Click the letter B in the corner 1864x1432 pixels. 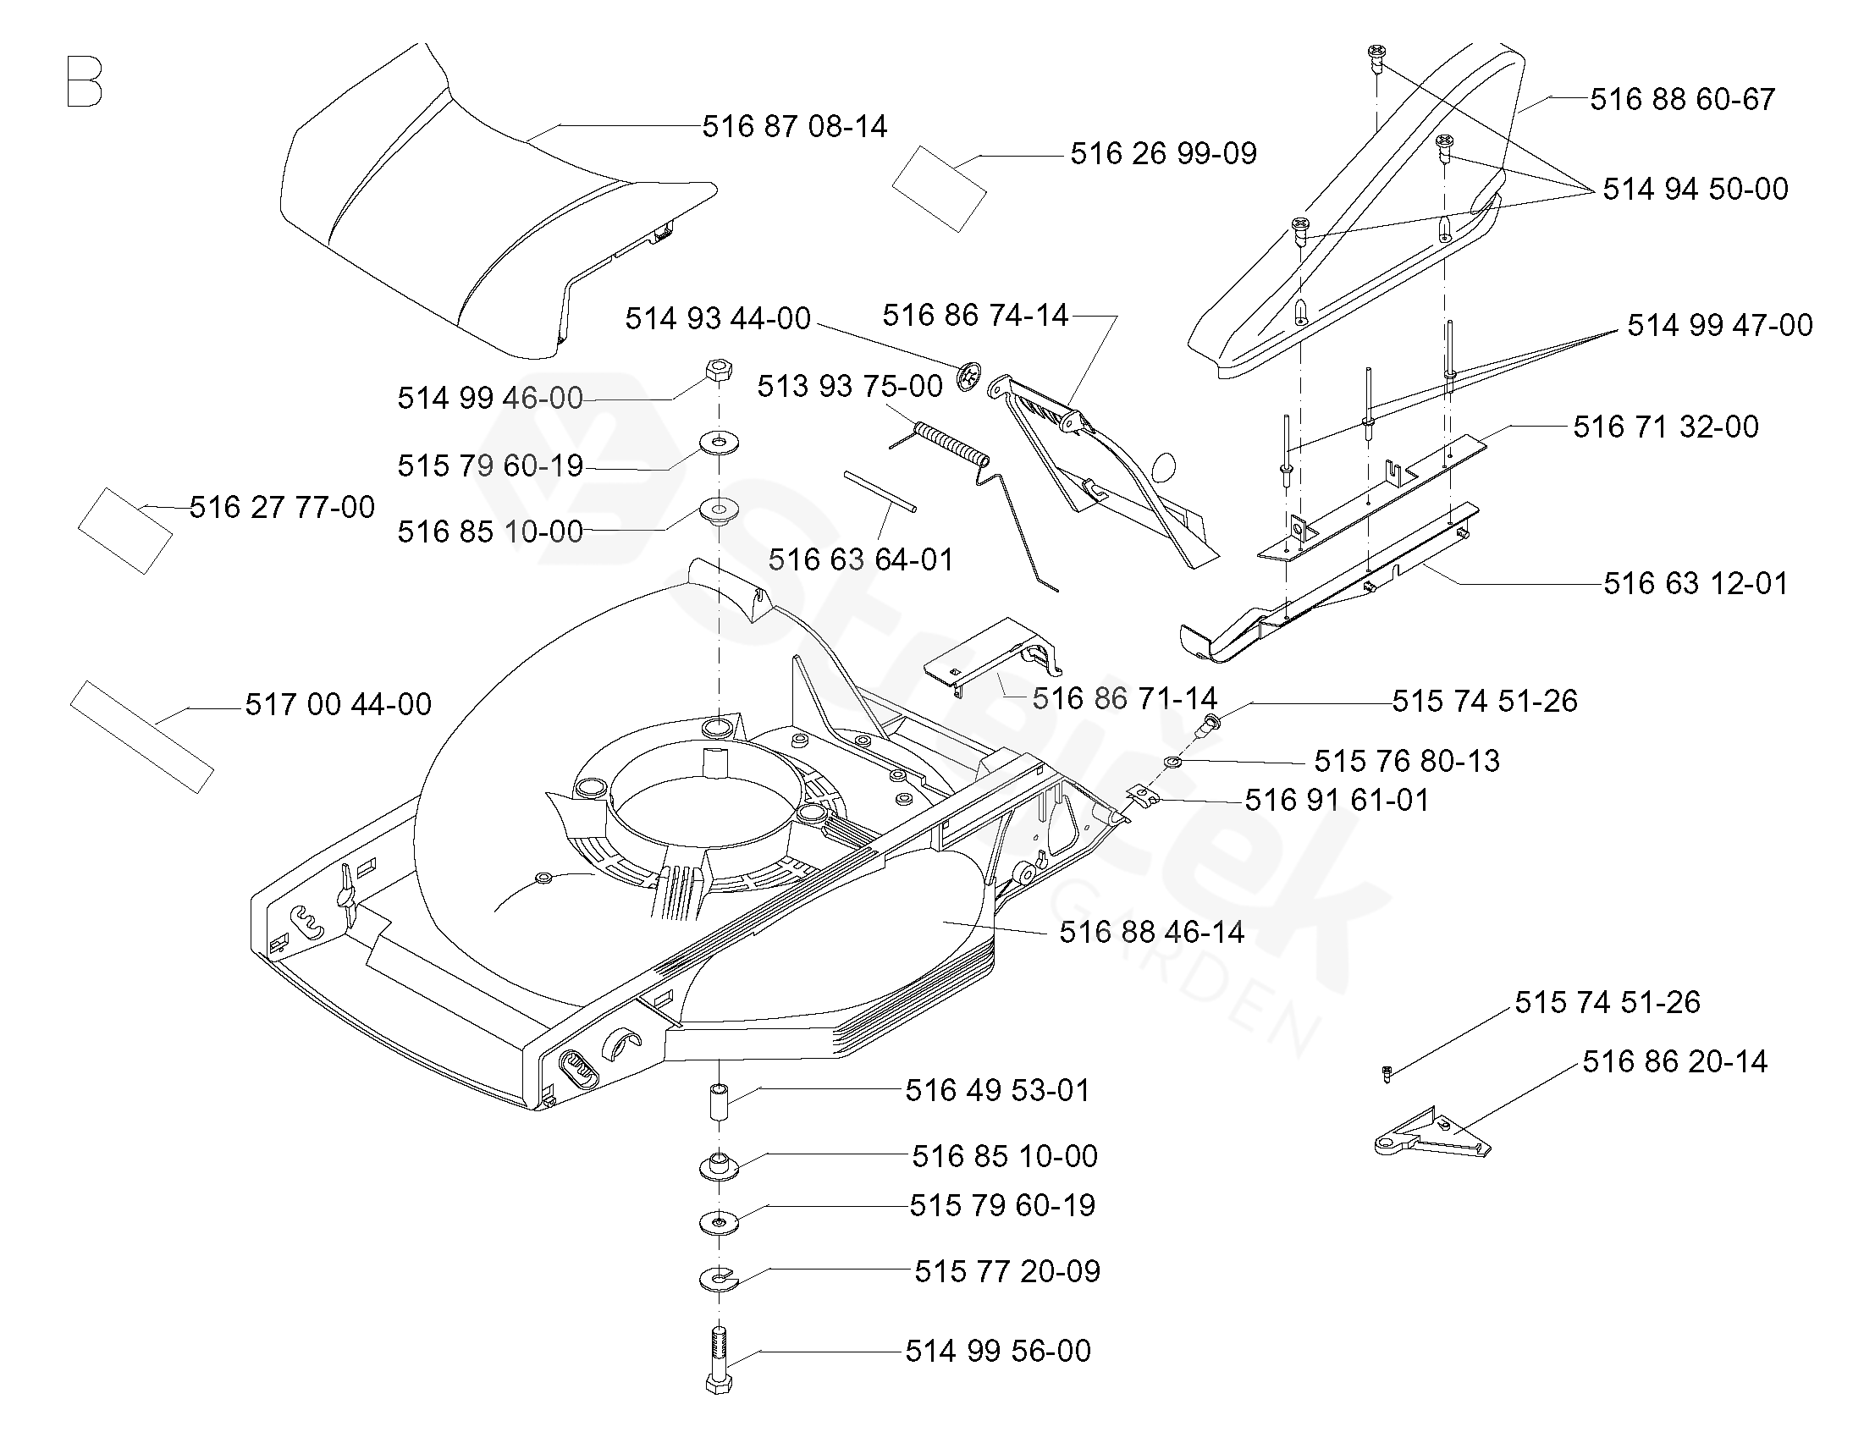click(84, 82)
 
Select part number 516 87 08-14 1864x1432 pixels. click(794, 127)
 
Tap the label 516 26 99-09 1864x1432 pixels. click(1163, 153)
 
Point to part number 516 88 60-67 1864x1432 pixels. click(1683, 100)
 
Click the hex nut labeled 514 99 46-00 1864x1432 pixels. click(718, 372)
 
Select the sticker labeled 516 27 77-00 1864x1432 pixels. click(125, 530)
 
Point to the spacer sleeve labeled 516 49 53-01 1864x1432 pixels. click(719, 1104)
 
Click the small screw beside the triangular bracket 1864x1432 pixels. click(1387, 1074)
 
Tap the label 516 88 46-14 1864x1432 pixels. click(1151, 933)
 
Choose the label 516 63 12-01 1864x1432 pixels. click(1696, 584)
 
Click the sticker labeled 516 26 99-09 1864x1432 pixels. click(940, 189)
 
